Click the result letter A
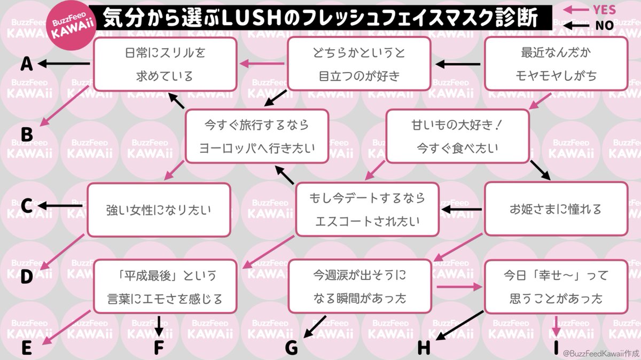coord(27,65)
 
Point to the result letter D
coord(27,276)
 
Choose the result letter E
coord(27,347)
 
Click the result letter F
coord(159,347)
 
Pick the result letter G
coord(291,347)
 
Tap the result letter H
coord(424,347)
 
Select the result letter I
coord(556,347)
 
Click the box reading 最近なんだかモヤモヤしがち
coord(556,64)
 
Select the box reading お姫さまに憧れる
coord(556,209)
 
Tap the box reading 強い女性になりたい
coord(159,210)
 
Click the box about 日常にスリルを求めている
coord(165,64)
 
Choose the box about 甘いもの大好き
coord(458,136)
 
